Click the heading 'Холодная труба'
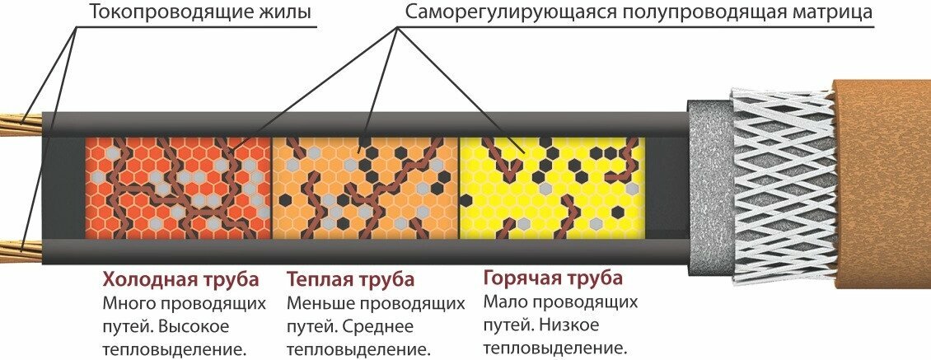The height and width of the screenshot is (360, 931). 180,278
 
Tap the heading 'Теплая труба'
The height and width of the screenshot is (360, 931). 350,279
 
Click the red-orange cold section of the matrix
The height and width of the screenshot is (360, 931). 178,184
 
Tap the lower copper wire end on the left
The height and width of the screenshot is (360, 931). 18,245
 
